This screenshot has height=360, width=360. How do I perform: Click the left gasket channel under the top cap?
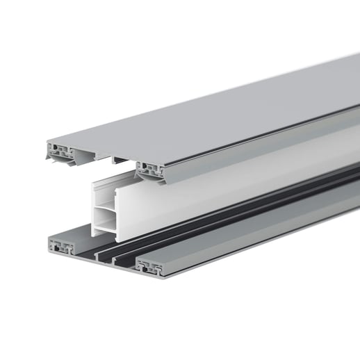[59, 149]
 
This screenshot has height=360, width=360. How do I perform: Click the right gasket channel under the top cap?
[149, 167]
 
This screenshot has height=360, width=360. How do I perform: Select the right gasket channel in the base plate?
[149, 265]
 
